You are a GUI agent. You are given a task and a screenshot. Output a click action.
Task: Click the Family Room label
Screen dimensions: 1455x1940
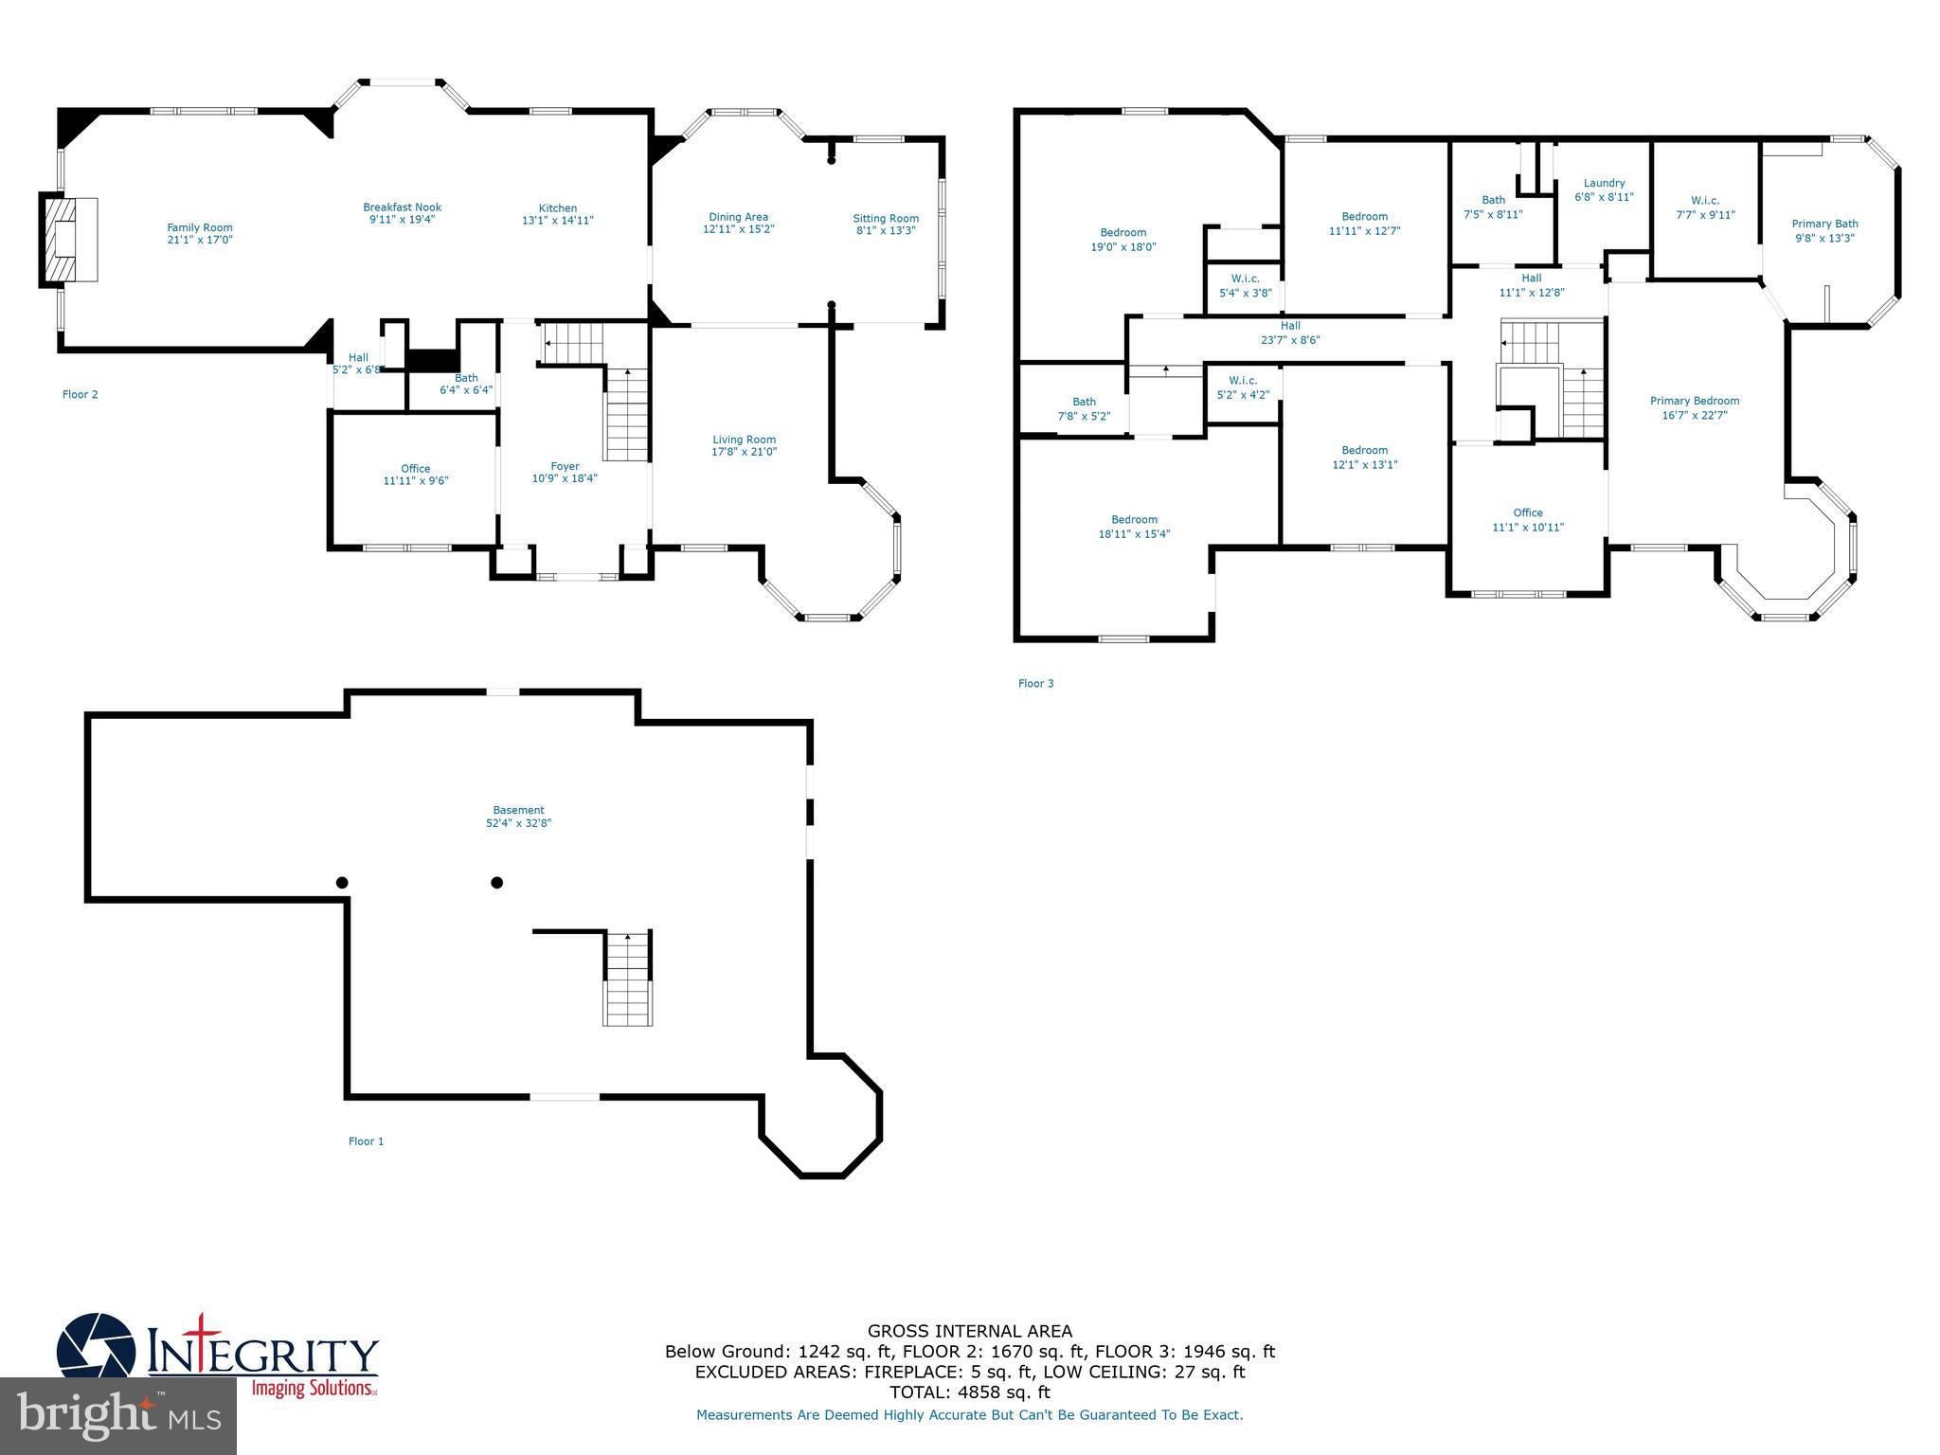pos(199,227)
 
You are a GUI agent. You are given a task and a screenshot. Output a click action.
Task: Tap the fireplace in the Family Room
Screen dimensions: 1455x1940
pos(68,239)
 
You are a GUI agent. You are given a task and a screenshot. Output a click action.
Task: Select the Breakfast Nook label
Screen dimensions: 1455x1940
pos(402,207)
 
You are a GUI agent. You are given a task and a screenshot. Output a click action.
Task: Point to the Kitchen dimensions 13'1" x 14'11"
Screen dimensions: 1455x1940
pos(558,221)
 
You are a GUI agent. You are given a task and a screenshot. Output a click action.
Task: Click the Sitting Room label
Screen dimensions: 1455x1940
pos(885,218)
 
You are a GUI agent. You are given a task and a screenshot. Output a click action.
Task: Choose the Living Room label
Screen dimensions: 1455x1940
pos(744,440)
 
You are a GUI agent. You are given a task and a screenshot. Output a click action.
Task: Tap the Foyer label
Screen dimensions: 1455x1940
pos(565,466)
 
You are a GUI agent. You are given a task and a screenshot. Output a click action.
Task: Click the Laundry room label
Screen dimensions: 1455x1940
pos(1604,183)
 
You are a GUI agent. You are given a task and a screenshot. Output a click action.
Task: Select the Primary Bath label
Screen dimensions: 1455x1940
pos(1824,225)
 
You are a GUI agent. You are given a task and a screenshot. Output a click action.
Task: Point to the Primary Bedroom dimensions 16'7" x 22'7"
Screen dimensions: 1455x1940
pos(1694,415)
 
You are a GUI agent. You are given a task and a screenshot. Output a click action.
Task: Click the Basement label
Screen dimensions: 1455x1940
pos(518,810)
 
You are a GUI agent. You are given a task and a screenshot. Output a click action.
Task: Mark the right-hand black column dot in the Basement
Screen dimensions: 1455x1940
pos(496,883)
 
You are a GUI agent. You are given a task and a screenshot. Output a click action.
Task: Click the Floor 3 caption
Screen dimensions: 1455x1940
pos(1035,683)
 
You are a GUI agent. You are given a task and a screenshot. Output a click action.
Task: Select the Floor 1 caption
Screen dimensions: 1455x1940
pos(366,1141)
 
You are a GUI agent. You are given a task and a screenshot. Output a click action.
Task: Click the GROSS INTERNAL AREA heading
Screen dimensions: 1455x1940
pos(970,1331)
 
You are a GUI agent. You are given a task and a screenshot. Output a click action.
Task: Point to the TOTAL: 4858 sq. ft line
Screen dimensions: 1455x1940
pos(970,1392)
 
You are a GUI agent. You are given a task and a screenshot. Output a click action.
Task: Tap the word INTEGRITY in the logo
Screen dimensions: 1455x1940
pos(263,1356)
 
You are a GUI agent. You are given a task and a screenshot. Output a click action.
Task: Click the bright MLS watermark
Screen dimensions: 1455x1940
pos(117,1415)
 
